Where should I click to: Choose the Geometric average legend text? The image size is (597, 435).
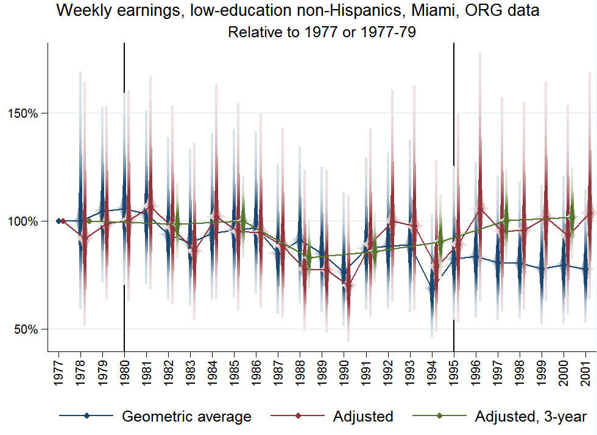tap(186, 417)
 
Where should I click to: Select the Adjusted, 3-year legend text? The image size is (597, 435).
tap(530, 417)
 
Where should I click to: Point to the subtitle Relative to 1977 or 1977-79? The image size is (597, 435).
tap(322, 32)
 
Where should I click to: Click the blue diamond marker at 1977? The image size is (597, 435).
tap(58, 221)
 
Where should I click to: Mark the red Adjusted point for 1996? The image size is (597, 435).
tap(481, 209)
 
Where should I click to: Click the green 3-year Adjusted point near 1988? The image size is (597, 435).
tap(309, 257)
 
